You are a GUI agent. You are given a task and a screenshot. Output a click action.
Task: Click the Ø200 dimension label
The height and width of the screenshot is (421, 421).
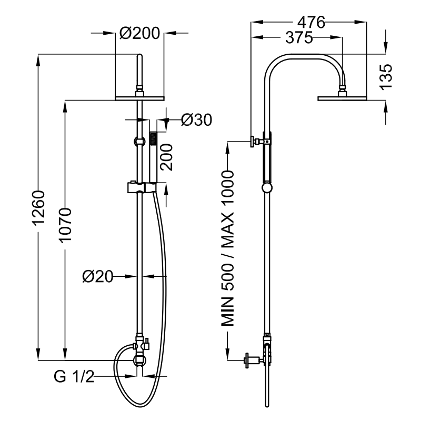(x=139, y=33)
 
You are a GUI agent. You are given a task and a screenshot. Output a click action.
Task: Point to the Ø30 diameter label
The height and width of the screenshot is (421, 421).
(x=196, y=121)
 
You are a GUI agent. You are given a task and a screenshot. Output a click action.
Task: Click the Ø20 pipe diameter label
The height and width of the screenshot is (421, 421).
(x=98, y=276)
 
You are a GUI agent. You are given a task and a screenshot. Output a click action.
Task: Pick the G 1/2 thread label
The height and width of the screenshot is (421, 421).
(x=74, y=377)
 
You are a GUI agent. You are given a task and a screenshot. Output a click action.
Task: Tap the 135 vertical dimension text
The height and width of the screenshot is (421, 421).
(x=386, y=77)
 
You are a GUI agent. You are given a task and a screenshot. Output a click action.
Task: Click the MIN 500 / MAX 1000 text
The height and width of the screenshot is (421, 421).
(x=227, y=248)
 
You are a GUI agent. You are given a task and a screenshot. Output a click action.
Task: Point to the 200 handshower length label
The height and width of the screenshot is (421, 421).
(x=166, y=157)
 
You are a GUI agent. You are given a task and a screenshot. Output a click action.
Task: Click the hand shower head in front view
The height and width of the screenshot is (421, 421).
(x=154, y=139)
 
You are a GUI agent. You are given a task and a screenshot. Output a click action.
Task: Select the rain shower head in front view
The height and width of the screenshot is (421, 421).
(x=140, y=97)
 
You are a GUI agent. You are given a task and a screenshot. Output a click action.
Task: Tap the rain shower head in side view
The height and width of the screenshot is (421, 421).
(x=342, y=97)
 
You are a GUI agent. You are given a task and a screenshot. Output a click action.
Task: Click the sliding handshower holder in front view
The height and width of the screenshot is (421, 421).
(x=141, y=187)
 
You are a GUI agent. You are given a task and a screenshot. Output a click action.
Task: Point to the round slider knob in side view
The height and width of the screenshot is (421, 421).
(x=267, y=188)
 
